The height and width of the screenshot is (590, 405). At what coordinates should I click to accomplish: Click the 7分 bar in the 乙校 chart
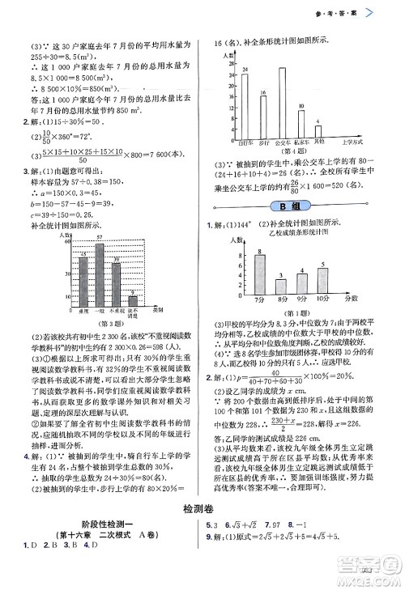click(259, 275)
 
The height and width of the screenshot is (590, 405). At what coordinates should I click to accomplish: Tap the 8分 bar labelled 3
click(280, 287)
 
